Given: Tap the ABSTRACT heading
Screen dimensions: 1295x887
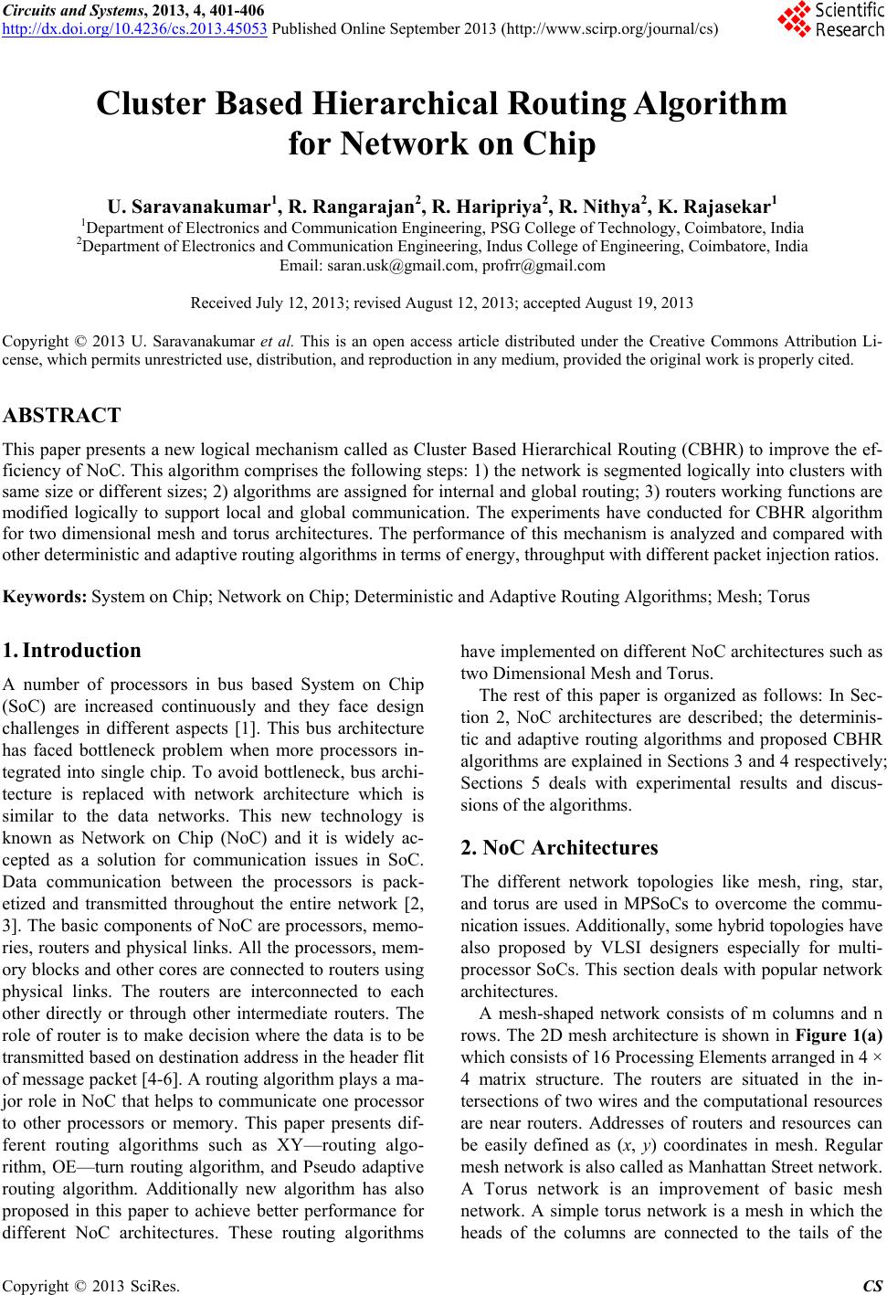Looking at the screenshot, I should (62, 416).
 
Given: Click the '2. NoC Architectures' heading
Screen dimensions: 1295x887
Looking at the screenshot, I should (559, 847).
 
